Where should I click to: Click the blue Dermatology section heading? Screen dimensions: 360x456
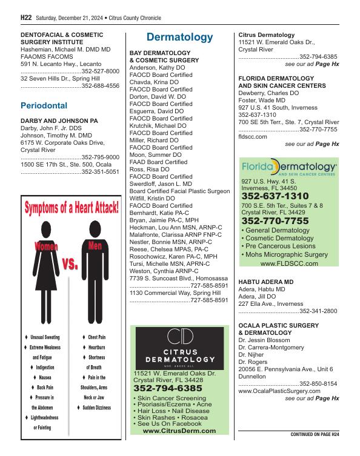pos(179,38)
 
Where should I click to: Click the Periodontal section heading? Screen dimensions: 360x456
pos(44,105)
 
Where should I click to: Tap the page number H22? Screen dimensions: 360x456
pos(26,18)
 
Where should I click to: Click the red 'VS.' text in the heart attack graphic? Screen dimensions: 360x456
pos(70,264)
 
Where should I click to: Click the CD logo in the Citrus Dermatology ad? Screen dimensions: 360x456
pos(179,337)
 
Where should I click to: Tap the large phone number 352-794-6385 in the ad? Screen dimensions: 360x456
pos(168,388)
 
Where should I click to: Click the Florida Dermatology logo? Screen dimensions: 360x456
pos(289,167)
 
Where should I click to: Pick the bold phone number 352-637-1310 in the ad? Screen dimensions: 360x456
pos(275,196)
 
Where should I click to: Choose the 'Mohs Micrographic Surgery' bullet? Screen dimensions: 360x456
pos(287,255)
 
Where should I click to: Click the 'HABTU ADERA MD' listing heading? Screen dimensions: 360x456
pos(267,282)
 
